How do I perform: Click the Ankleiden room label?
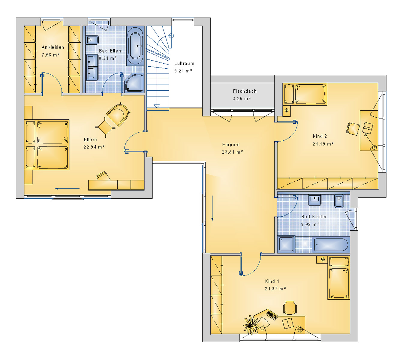53,47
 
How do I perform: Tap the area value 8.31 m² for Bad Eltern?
108,58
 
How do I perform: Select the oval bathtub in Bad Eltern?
135,46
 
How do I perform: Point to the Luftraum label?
184,64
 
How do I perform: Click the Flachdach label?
245,91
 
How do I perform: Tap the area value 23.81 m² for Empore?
233,152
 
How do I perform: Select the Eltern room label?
90,139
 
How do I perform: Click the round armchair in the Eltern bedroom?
118,114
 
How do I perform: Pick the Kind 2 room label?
320,136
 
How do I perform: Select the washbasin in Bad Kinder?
314,200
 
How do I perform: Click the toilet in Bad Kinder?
339,201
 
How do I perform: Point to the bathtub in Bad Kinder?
331,244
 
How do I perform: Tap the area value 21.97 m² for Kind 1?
275,289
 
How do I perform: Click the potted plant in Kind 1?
250,325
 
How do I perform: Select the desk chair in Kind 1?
290,307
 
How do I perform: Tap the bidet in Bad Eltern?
92,40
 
